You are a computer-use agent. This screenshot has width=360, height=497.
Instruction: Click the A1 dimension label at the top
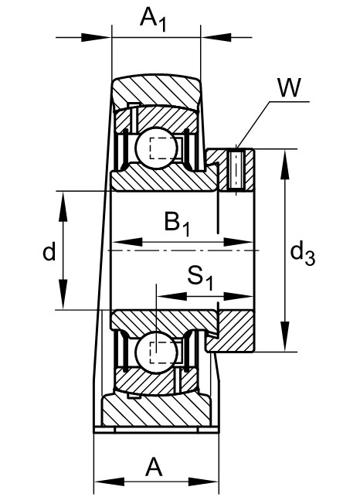[x=154, y=19]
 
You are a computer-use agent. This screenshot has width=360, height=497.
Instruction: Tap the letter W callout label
[x=289, y=87]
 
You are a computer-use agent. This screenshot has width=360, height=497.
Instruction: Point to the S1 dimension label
[x=200, y=278]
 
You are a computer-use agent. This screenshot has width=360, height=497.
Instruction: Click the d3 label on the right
[x=303, y=253]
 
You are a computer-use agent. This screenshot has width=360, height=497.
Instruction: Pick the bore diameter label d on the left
[x=49, y=250]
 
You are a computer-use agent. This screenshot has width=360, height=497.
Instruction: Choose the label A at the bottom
[x=154, y=467]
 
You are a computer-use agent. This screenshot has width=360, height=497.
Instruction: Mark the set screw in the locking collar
[x=236, y=169]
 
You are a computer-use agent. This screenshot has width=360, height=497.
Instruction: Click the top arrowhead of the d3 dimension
[x=285, y=165]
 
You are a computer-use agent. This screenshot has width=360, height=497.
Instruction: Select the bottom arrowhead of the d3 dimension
[x=285, y=336]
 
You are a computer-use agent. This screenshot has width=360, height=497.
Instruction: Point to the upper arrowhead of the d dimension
[x=63, y=206]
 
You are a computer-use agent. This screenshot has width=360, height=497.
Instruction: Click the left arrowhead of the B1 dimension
[x=127, y=243]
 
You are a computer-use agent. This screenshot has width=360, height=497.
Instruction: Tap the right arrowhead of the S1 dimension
[x=238, y=297]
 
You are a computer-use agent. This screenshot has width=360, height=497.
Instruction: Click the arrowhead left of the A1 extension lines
[x=96, y=37]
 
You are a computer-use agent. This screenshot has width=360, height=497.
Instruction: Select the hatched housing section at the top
[x=156, y=90]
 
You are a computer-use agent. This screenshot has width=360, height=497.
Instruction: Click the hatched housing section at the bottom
[x=156, y=410]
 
